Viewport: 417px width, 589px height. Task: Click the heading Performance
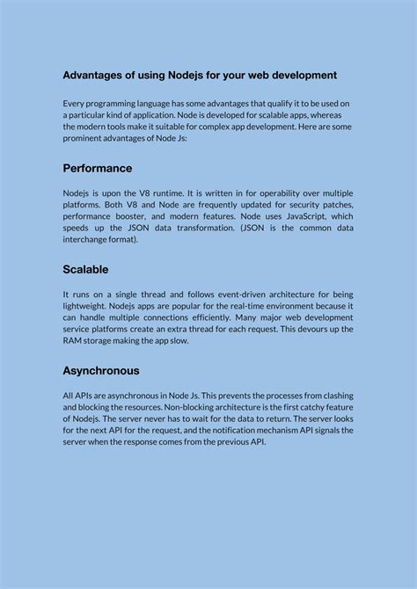pos(98,168)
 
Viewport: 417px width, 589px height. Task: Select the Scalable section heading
pos(85,269)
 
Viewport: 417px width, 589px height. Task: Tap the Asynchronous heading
pos(101,371)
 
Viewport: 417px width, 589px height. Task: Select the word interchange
pos(88,238)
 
